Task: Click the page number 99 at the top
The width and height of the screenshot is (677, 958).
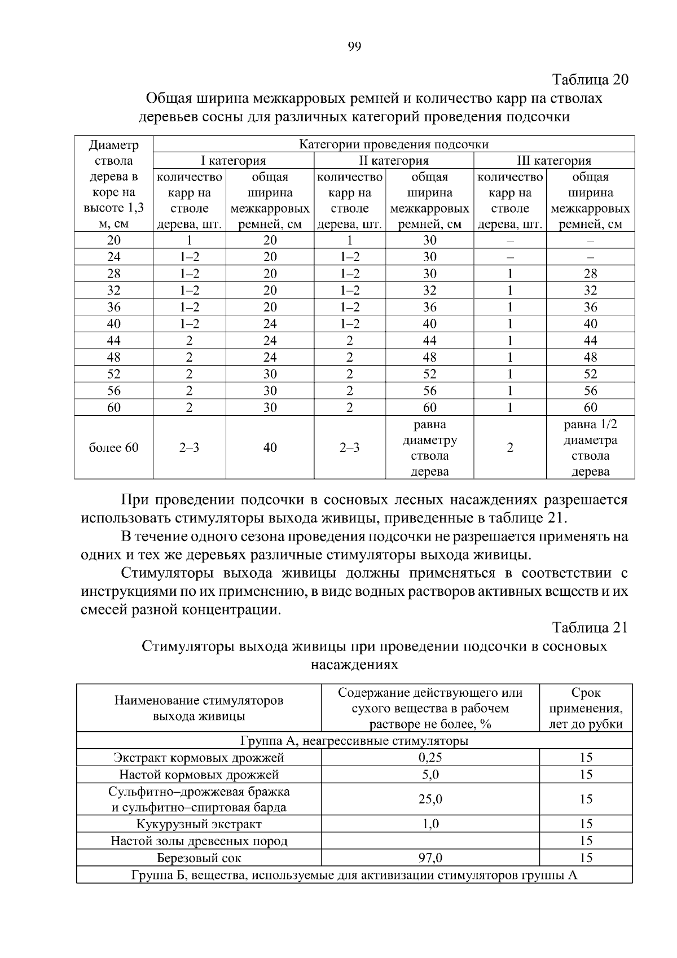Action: coord(354,47)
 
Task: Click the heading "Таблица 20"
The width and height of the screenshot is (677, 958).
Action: coord(590,79)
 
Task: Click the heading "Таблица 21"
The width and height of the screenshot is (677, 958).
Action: coord(590,627)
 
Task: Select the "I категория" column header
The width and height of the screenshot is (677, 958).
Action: coord(234,161)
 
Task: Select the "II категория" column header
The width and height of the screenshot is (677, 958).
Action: coord(394,161)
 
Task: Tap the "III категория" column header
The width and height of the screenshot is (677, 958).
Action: coord(554,161)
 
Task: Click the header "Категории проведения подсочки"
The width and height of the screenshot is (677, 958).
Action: coord(394,144)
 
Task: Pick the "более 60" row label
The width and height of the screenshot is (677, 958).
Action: coord(114,448)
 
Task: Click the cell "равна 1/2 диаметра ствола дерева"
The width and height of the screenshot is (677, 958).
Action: coord(590,448)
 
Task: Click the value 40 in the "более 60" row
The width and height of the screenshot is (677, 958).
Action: coord(270,448)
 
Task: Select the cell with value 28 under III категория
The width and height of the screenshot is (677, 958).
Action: coord(590,274)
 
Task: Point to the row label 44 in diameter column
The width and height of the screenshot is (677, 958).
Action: coord(114,341)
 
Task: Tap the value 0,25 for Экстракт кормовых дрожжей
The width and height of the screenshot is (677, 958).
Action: coord(430,758)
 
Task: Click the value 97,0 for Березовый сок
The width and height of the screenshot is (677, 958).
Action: coord(430,858)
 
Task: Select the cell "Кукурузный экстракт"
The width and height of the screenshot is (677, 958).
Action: coord(199,824)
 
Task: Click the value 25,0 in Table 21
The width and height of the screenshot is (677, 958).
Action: coord(430,799)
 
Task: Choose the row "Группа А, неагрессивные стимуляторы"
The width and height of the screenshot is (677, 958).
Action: coord(354,741)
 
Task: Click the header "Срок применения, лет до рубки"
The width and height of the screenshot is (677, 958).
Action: coord(586,709)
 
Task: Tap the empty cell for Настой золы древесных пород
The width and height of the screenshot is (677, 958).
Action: coord(430,841)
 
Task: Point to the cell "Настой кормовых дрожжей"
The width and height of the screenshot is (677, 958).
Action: coord(199,775)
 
